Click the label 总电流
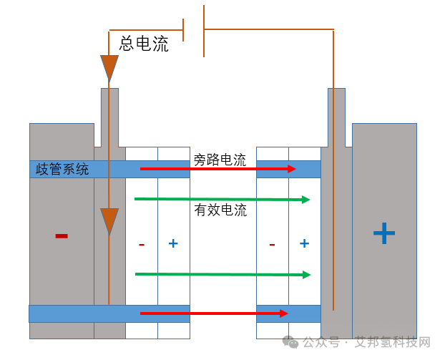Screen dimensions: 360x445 [144, 44]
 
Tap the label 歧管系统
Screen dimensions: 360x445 [63, 170]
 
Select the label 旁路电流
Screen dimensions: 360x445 [220, 160]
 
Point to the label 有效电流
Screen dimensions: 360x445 [220, 210]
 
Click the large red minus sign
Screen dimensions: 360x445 [62, 235]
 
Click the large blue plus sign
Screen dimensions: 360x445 [384, 233]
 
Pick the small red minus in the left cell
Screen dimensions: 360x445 [142, 244]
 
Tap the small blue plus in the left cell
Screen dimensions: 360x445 [173, 243]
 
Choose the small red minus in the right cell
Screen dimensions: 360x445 [273, 244]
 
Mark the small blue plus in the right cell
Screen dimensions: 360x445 [304, 243]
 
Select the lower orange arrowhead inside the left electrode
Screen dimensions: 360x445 [109, 220]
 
